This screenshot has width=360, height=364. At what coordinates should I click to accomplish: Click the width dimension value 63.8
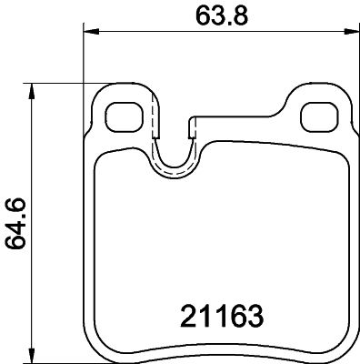[222, 15]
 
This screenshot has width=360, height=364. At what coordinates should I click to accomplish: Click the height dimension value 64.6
[15, 224]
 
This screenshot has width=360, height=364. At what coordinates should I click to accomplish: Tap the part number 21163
[222, 316]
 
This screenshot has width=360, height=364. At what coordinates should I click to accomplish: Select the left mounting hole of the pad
[125, 117]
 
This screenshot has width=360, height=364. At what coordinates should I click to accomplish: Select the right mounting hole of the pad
[319, 117]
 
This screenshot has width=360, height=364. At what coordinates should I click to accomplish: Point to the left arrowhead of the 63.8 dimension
[91, 31]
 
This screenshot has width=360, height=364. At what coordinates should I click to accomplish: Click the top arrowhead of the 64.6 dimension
[31, 92]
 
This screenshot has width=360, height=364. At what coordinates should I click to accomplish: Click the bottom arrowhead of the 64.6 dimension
[31, 356]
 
